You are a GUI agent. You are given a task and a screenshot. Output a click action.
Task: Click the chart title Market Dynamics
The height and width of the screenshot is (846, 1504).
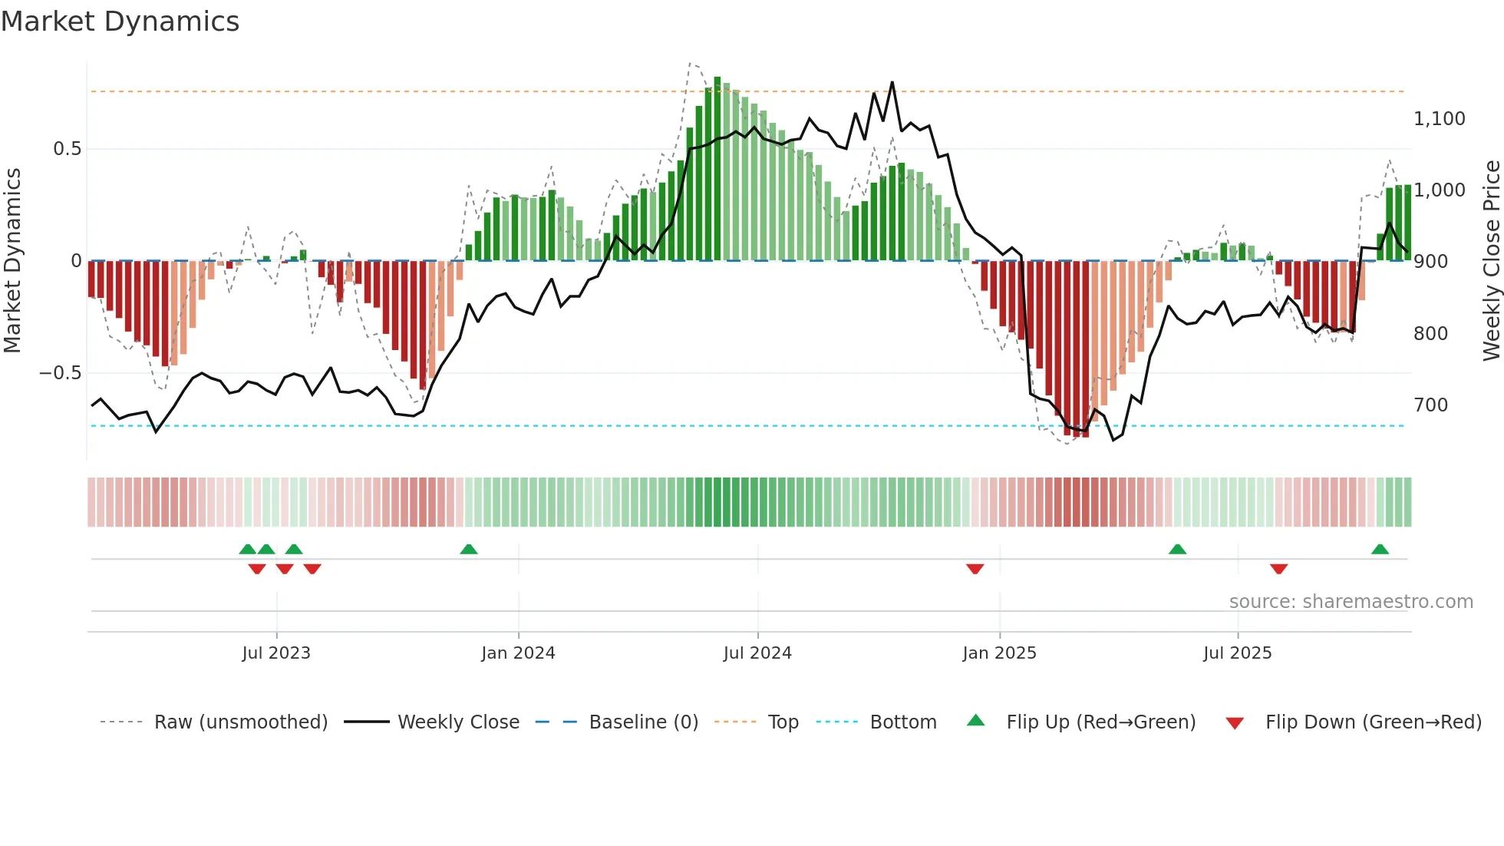[x=120, y=21]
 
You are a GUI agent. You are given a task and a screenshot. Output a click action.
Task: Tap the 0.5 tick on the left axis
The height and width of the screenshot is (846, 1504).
[x=67, y=149]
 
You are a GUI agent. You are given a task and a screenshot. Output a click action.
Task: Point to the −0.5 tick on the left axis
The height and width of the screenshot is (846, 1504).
[x=60, y=373]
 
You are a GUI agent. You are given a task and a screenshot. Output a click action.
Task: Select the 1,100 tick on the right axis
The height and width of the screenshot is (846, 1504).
[x=1439, y=119]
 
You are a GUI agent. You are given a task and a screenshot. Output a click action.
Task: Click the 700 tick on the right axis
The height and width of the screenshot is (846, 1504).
[x=1430, y=405]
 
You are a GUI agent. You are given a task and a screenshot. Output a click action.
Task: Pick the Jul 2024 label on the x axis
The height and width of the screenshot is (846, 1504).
[x=757, y=653]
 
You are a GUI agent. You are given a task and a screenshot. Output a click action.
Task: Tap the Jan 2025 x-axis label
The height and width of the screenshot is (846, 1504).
[x=999, y=653]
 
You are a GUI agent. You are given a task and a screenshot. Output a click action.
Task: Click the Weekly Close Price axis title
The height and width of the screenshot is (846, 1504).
[x=1491, y=261]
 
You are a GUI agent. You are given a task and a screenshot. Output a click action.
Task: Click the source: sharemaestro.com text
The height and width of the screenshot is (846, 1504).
[x=1351, y=602]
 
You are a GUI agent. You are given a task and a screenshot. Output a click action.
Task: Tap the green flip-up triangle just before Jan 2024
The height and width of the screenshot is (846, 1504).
[x=469, y=549]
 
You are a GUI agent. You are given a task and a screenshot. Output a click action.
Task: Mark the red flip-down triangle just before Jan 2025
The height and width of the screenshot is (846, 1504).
[x=975, y=569]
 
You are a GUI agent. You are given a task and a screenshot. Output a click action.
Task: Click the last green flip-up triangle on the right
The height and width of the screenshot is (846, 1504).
[x=1380, y=549]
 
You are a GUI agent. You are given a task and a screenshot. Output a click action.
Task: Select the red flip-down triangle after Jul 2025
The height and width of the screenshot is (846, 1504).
[x=1278, y=569]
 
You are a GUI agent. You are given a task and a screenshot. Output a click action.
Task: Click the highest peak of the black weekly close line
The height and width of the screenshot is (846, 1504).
[x=892, y=82]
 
